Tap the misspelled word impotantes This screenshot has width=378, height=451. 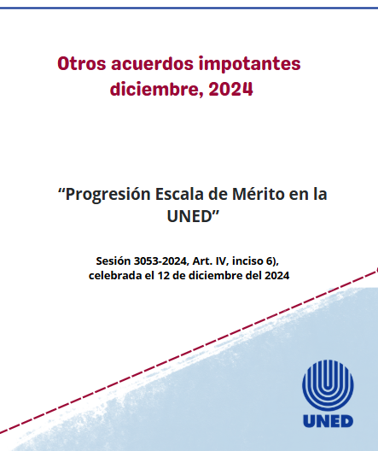254,63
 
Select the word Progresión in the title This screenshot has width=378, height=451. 108,194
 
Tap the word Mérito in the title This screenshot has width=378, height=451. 258,194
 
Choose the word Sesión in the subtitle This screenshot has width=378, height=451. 114,260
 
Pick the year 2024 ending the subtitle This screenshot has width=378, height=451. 275,275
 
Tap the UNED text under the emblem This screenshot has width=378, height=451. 327,421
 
